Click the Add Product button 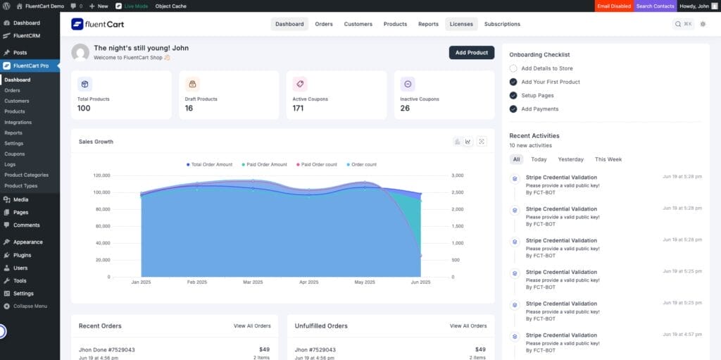click(x=471, y=52)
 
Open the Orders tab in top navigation click(x=324, y=24)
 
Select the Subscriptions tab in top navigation click(x=502, y=24)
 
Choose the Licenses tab click(x=461, y=24)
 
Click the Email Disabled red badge click(x=613, y=6)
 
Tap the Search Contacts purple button click(x=655, y=6)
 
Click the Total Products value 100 click(x=84, y=108)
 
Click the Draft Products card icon click(x=192, y=84)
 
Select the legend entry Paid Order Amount click(x=264, y=164)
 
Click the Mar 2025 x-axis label click(x=253, y=282)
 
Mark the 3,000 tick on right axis click(x=457, y=175)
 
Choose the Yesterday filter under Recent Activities click(x=570, y=159)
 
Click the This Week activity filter click(x=608, y=159)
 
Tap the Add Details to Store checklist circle click(x=513, y=68)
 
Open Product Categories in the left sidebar click(x=26, y=175)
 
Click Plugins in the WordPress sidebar click(x=22, y=255)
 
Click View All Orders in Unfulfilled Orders click(x=468, y=326)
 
